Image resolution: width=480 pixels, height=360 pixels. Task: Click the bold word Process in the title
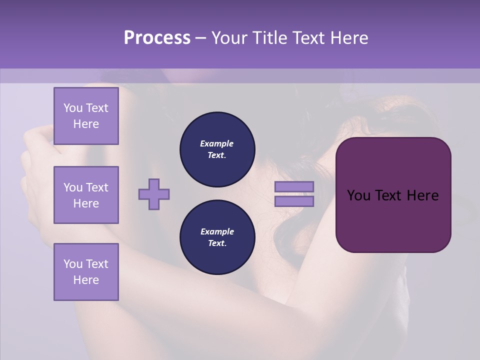157,38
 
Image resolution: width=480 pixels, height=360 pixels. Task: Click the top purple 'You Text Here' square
86,116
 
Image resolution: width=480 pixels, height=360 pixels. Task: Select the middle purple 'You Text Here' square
86,195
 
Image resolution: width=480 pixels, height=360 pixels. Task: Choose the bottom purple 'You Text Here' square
86,272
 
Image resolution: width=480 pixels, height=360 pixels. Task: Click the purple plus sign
154,194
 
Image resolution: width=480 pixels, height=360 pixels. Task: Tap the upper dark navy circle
217,149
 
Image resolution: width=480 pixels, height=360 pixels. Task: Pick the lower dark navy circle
217,237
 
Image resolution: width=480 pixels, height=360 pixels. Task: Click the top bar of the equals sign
294,186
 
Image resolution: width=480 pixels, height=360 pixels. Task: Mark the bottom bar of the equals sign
294,201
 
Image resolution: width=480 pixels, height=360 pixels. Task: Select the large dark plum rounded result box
393,195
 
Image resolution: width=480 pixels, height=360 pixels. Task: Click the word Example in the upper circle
217,143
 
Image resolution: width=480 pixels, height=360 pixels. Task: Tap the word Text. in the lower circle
217,243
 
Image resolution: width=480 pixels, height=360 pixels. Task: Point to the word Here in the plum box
422,195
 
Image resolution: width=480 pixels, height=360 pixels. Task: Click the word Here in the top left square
86,124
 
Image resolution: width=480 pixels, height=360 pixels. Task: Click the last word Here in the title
350,38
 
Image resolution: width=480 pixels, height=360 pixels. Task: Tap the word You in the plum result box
358,195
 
